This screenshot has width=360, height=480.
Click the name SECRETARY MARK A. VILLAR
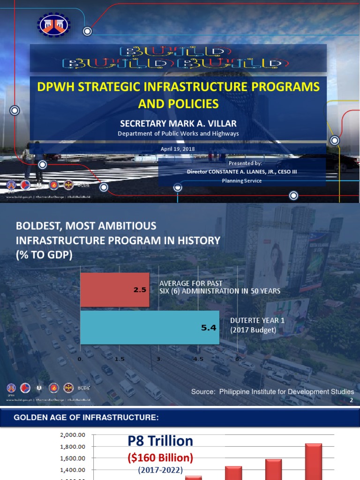(x=178, y=124)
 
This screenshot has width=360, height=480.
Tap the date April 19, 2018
(x=178, y=149)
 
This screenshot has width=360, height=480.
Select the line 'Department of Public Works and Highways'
(x=178, y=134)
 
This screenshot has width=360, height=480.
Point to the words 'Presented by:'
(x=245, y=163)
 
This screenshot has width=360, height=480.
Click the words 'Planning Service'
(x=242, y=180)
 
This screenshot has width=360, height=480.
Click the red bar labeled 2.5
(x=115, y=290)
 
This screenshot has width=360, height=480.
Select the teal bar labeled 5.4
(x=150, y=328)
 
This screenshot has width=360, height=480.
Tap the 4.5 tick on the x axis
(x=198, y=359)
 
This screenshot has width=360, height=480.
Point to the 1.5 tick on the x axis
(x=119, y=359)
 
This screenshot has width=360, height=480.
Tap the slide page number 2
(x=351, y=400)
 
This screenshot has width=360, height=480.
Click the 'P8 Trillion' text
(x=160, y=441)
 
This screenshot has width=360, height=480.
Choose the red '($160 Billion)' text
(x=160, y=457)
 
